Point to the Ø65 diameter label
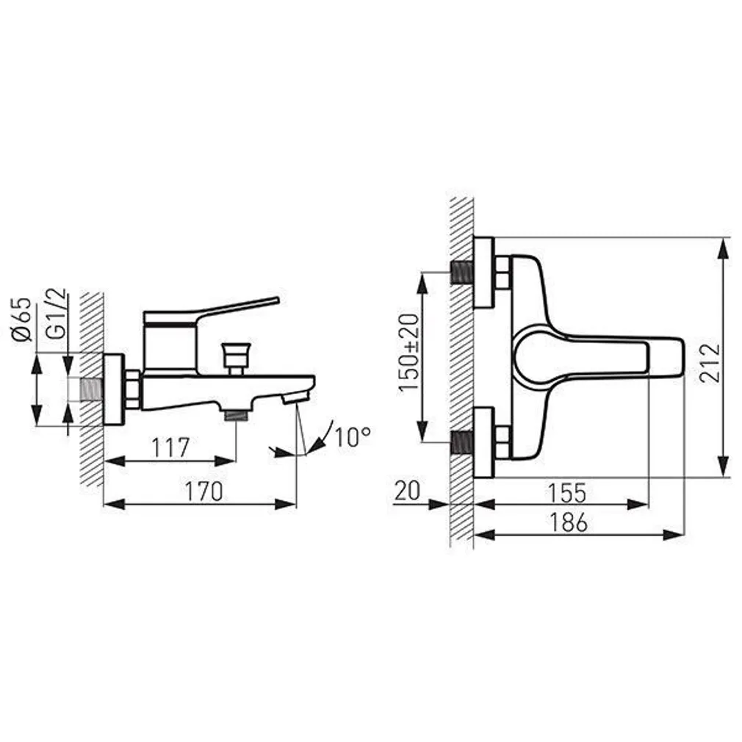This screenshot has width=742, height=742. [x=23, y=320]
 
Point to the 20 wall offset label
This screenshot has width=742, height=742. [x=406, y=490]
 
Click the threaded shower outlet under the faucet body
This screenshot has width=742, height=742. [x=236, y=416]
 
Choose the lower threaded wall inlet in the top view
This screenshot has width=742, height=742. [x=461, y=443]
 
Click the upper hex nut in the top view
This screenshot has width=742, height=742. [x=503, y=272]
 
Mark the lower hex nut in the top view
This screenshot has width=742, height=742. [x=503, y=443]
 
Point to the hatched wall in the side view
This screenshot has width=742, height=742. [x=91, y=389]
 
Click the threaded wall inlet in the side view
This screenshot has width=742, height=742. [x=90, y=389]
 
